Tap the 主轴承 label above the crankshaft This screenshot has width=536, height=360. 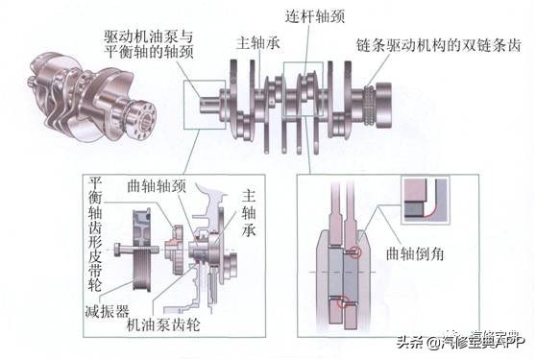coord(256,44)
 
